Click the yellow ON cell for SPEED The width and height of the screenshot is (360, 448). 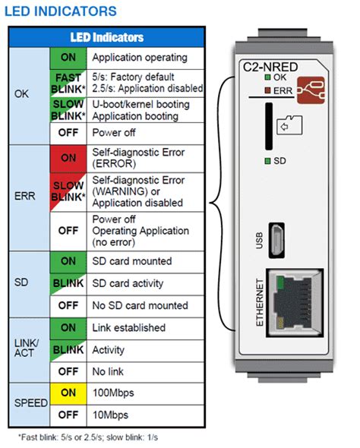68,394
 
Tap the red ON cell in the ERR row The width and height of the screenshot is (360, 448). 68,158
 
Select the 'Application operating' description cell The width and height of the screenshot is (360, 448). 145,58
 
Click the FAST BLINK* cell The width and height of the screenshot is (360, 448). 68,84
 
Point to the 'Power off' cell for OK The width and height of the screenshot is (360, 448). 145,134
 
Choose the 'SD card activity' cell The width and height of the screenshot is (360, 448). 145,284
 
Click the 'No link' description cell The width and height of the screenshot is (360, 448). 145,372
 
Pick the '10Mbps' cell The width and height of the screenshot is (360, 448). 145,415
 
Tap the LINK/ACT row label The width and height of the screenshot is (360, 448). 30,350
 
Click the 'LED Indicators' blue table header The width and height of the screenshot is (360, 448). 106,37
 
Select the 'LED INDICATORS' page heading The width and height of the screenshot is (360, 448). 61,11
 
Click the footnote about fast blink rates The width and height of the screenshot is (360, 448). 88,437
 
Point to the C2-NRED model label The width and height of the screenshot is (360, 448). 270,67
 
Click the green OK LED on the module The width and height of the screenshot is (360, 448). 267,77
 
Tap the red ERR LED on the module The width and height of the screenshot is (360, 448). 267,90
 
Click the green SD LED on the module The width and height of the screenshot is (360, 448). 267,161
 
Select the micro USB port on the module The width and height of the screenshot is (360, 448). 276,241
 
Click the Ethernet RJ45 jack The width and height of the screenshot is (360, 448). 295,303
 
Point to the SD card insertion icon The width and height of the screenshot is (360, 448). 289,125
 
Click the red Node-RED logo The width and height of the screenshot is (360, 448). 311,90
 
